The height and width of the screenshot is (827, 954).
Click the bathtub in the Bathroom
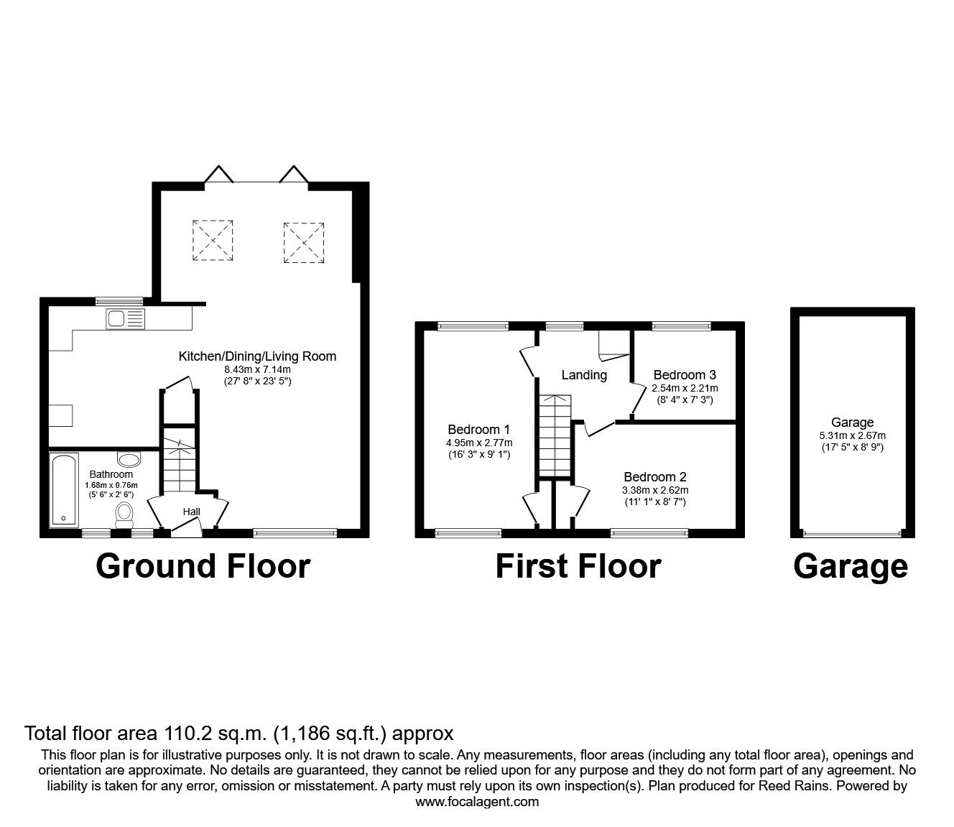click(x=63, y=489)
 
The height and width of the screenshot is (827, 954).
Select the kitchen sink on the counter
click(x=124, y=318)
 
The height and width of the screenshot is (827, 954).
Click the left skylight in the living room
click(x=213, y=239)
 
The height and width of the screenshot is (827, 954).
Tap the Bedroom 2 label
click(x=654, y=477)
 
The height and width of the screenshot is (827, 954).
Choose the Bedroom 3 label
click(x=684, y=375)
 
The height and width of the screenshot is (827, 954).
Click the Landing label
click(x=583, y=375)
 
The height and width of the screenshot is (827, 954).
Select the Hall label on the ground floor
click(x=191, y=512)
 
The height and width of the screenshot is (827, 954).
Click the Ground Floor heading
click(x=203, y=566)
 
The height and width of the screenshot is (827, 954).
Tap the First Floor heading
click(x=578, y=566)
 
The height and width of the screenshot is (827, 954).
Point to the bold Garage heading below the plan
click(x=850, y=566)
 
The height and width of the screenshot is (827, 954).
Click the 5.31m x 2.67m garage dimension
click(x=852, y=435)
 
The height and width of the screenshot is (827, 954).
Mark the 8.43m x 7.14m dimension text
click(x=256, y=369)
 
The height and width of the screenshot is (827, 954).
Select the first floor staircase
click(x=554, y=435)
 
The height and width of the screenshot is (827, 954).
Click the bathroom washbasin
click(x=130, y=459)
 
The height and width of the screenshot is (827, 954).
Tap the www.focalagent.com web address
click(x=477, y=802)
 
